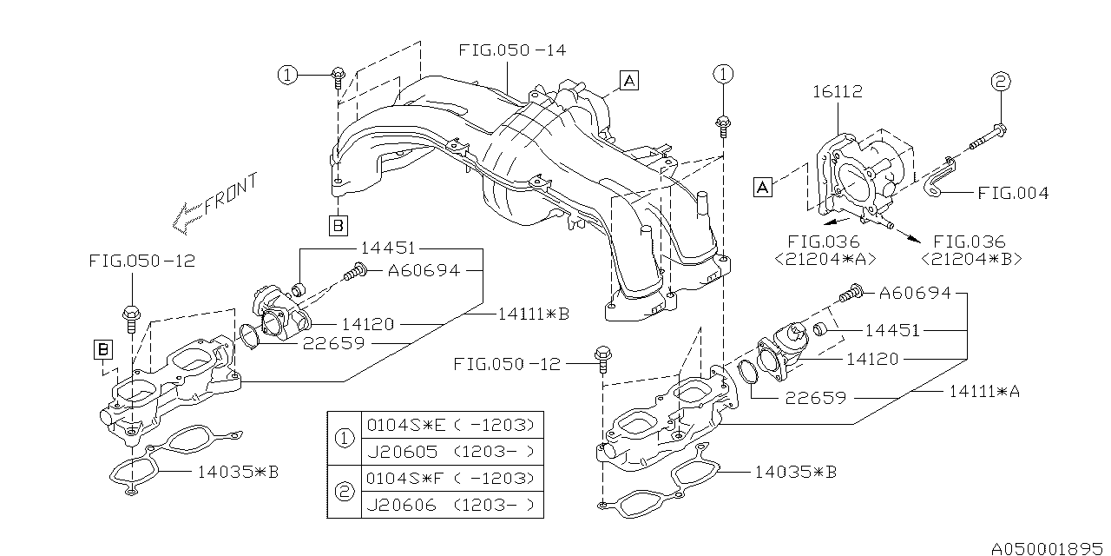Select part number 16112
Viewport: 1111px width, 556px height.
(837, 91)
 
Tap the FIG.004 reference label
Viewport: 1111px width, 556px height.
(1012, 193)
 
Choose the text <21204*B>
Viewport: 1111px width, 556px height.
(970, 258)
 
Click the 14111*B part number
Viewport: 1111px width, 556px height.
(533, 314)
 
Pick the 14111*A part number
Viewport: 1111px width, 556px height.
(984, 392)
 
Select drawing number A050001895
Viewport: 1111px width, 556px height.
(1049, 548)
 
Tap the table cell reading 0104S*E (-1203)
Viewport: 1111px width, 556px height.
(451, 426)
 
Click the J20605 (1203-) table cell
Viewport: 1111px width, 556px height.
(451, 452)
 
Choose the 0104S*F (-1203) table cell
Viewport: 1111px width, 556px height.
(451, 479)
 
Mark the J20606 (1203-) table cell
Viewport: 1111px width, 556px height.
(451, 505)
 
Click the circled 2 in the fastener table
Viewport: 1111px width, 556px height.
(345, 492)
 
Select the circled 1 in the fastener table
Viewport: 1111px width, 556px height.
(345, 439)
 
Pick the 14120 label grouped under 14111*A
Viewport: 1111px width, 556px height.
(871, 359)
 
